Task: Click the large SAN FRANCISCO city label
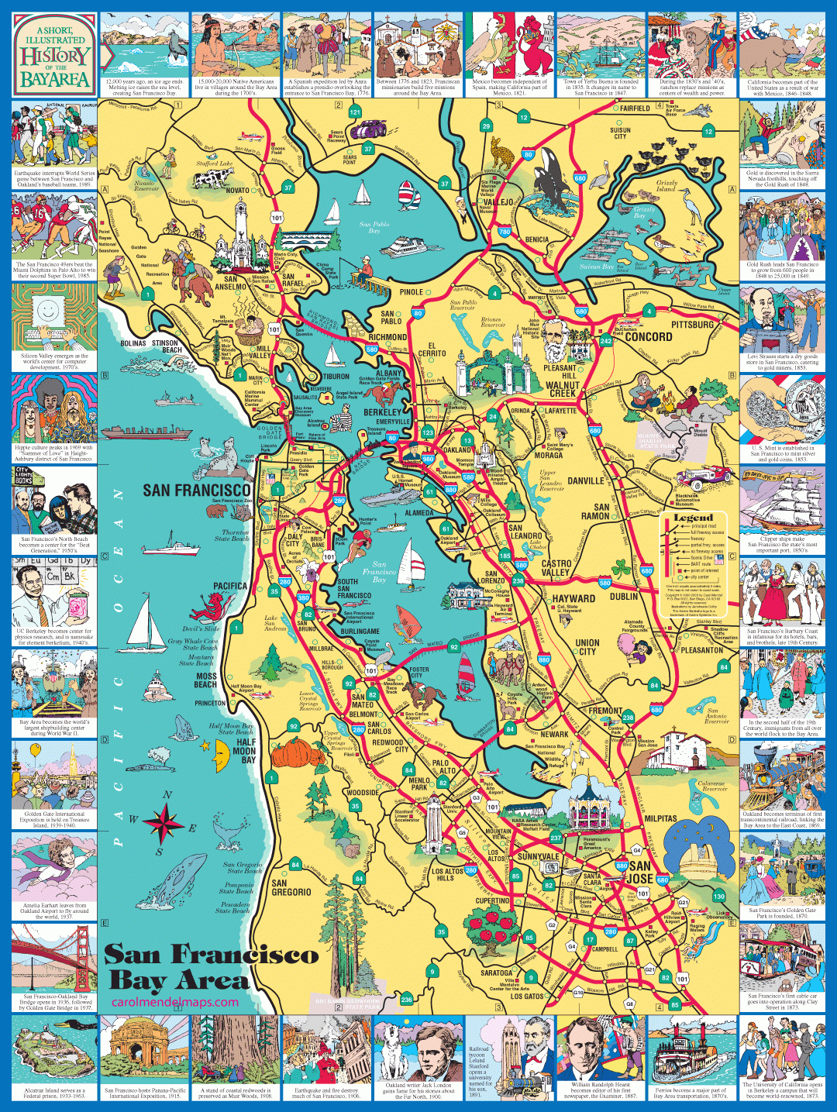197,490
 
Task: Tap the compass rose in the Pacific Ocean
164,822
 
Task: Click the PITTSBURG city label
692,325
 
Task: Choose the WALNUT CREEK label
563,389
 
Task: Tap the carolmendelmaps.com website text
175,1002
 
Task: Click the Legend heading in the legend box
693,518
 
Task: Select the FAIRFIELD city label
635,108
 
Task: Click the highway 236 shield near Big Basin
406,1000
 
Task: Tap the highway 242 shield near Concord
606,340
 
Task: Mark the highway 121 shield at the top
355,112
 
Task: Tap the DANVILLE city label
585,480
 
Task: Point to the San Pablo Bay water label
374,227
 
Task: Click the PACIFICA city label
230,586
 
